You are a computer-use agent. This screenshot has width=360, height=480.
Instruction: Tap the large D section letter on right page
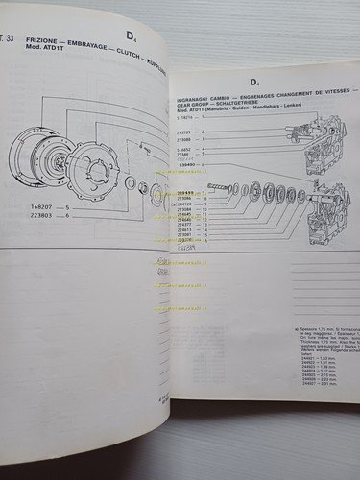(x=255, y=85)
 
